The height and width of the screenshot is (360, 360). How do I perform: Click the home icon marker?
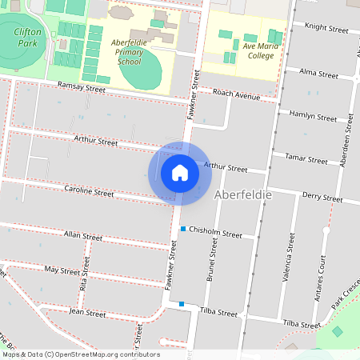tap(179, 173)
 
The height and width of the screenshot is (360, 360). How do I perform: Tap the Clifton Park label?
tap(27, 36)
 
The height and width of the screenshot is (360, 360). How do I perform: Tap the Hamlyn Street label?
tap(314, 116)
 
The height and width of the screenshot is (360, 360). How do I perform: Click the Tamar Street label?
tap(306, 159)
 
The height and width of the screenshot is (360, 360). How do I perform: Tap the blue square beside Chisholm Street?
tap(183, 230)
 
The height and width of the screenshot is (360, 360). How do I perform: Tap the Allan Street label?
tap(83, 236)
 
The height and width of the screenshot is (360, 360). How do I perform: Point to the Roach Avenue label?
tap(238, 95)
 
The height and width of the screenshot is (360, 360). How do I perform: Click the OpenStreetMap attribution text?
tap(81, 354)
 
